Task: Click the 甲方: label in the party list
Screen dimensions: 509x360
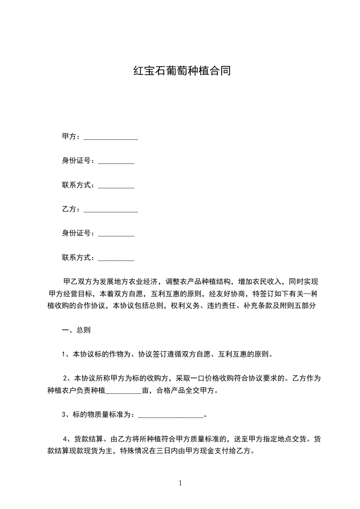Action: click(x=71, y=137)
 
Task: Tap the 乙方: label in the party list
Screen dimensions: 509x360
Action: click(x=71, y=209)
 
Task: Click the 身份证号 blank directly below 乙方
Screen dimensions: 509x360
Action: click(x=116, y=235)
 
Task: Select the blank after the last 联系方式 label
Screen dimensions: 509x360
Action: click(x=116, y=259)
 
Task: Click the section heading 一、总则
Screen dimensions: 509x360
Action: click(x=76, y=330)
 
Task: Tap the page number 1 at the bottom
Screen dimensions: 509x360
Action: click(x=180, y=483)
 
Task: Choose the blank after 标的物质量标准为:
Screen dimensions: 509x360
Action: click(x=171, y=415)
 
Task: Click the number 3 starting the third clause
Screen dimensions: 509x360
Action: click(x=64, y=415)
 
